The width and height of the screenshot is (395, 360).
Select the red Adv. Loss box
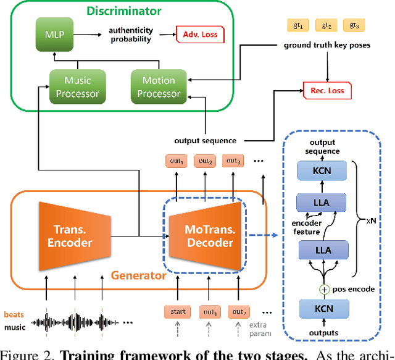point(200,35)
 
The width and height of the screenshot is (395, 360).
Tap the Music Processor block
point(73,86)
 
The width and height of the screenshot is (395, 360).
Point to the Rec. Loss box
point(327,91)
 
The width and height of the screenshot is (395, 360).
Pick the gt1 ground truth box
point(298,25)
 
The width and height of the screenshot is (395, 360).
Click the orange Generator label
point(138,275)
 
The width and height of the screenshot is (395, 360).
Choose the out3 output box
point(233,161)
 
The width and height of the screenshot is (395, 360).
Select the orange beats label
point(14,314)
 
